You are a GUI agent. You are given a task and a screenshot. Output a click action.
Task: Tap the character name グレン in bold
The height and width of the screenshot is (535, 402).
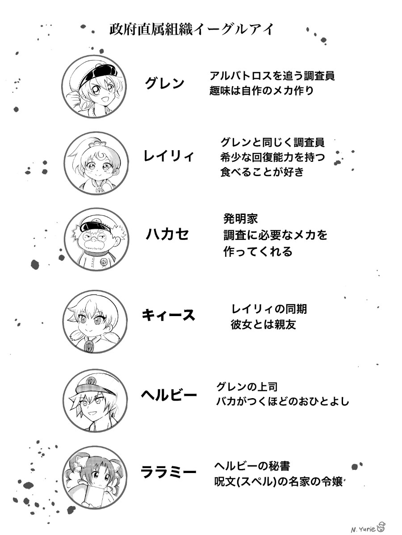[165, 83]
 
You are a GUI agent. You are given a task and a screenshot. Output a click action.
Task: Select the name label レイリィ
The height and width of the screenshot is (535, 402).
[169, 156]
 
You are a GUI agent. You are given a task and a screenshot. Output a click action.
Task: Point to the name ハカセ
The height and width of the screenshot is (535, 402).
[167, 234]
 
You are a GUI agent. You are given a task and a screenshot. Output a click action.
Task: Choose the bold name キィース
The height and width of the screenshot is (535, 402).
[169, 315]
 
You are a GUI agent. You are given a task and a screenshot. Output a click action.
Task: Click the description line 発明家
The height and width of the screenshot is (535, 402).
[240, 218]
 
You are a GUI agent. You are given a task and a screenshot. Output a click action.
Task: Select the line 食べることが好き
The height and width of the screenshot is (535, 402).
[262, 172]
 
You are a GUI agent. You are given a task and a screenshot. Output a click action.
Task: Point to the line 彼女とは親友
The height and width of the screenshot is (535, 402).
[264, 325]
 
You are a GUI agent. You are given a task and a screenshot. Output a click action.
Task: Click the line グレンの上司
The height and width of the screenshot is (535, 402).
[247, 387]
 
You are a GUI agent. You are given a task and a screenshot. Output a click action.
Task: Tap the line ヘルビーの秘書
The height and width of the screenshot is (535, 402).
[252, 466]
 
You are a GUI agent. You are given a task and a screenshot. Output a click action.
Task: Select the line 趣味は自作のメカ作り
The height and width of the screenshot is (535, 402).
[261, 91]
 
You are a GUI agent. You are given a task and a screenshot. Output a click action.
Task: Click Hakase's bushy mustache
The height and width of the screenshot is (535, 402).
[93, 244]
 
